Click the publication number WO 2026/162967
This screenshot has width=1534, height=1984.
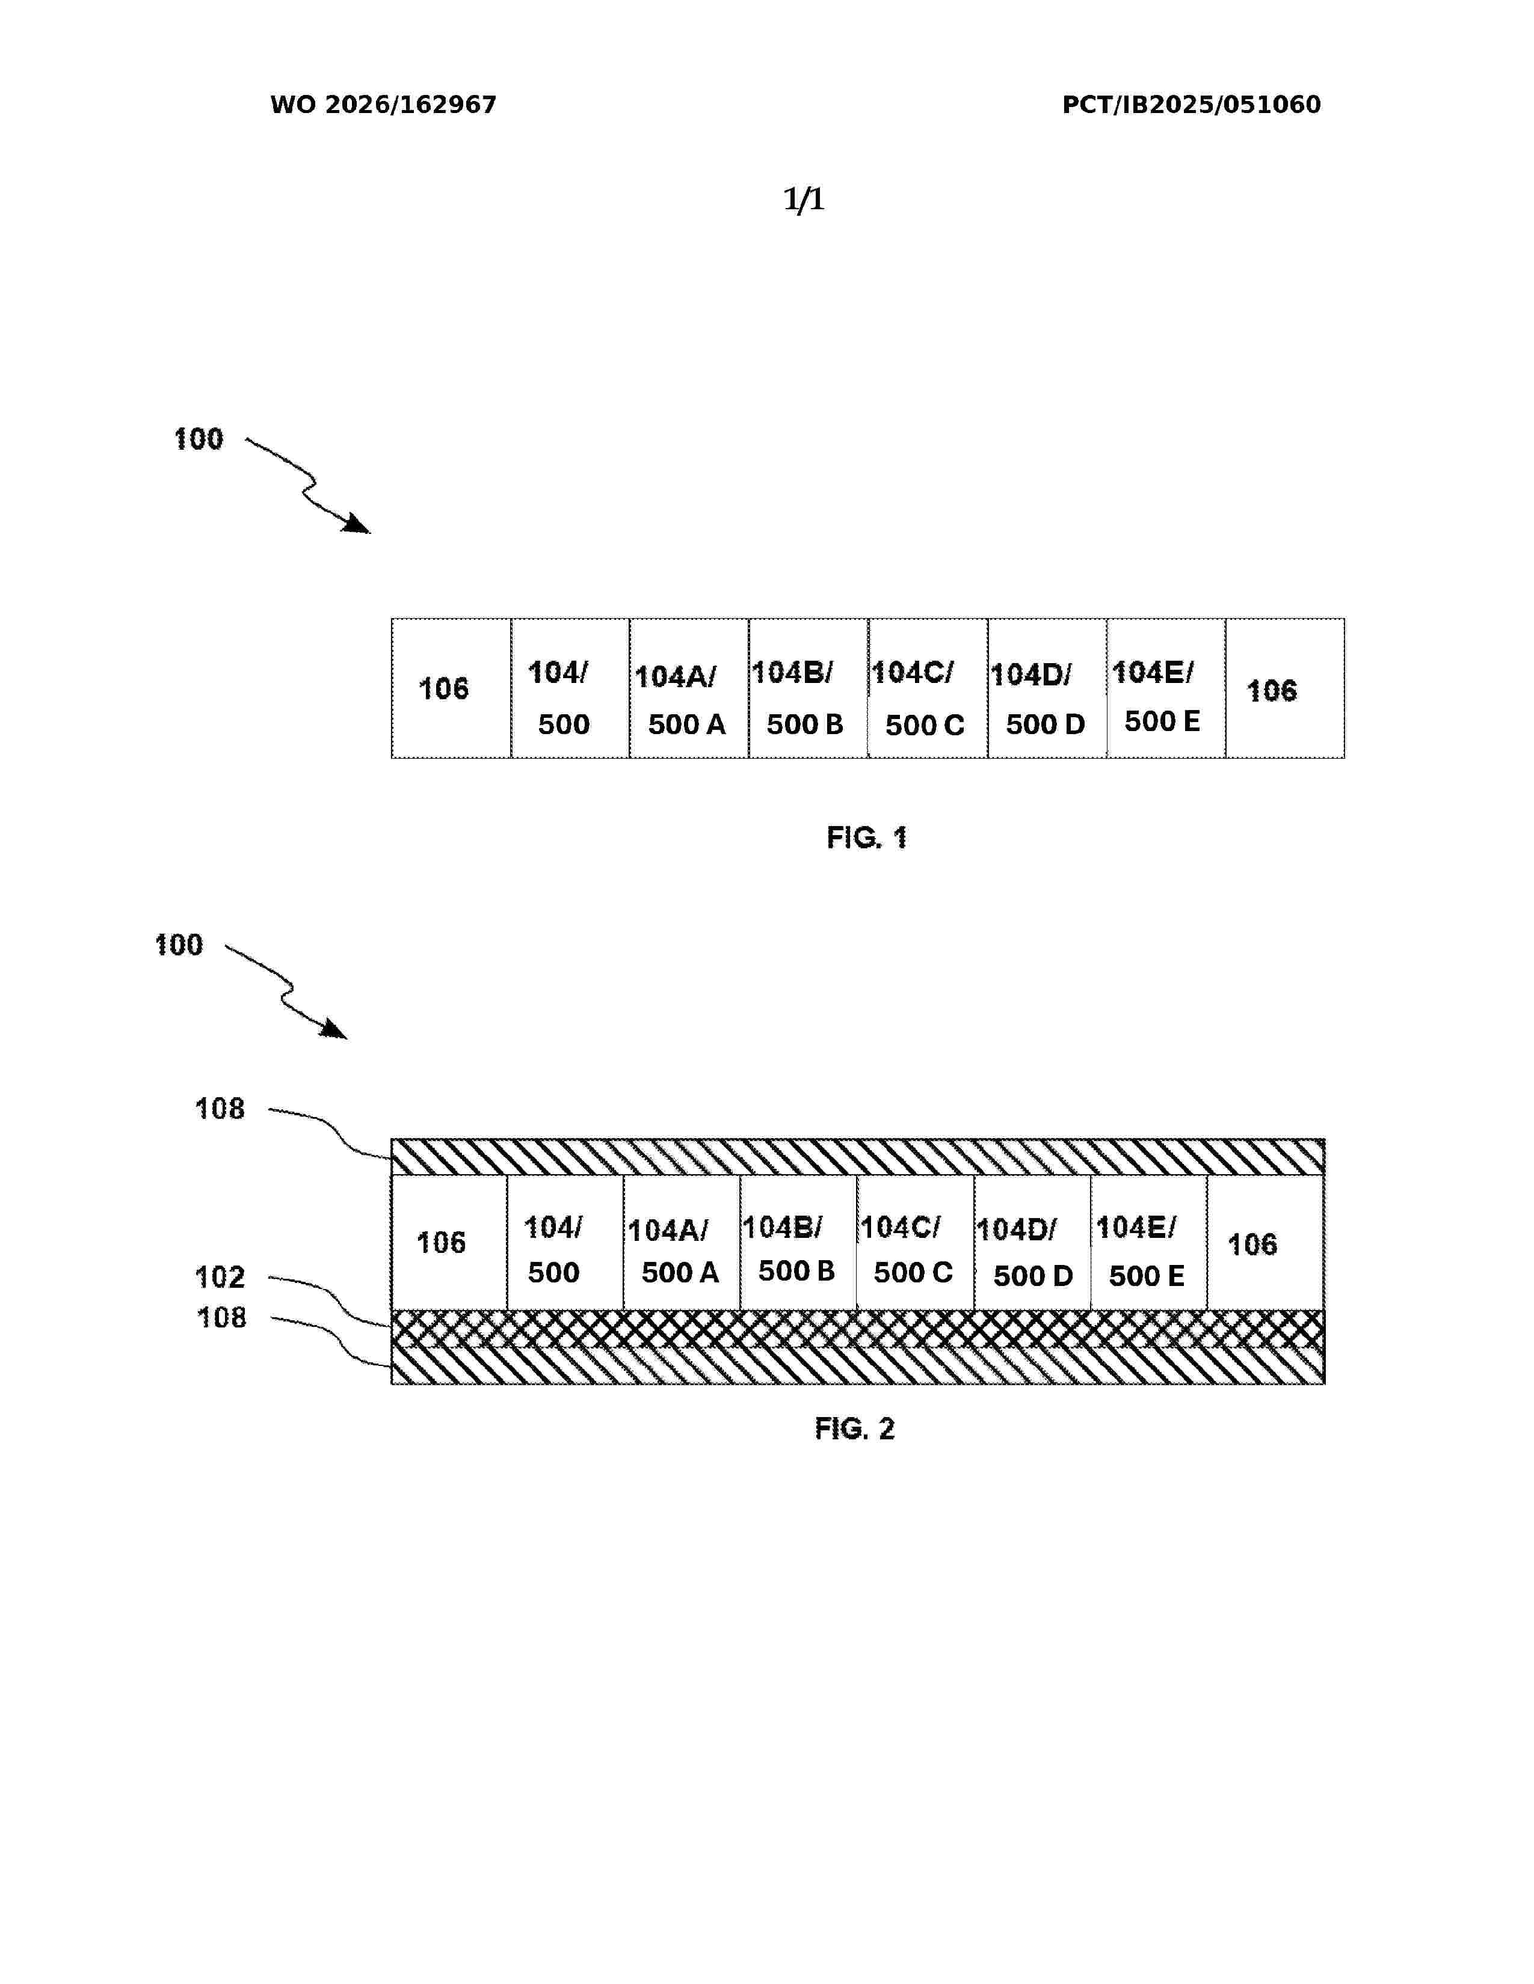coord(383,105)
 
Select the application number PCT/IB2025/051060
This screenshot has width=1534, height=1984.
coord(1191,105)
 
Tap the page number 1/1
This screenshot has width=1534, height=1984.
coord(804,199)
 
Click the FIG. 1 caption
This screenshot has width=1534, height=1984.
coord(867,837)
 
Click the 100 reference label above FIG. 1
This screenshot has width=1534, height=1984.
coord(198,439)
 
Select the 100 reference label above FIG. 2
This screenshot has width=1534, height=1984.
coord(179,946)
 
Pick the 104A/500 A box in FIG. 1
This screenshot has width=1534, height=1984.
coord(689,688)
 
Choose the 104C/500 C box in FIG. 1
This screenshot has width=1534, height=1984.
coord(928,688)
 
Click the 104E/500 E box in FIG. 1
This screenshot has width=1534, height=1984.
coord(1166,688)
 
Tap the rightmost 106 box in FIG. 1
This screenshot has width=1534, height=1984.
coord(1285,688)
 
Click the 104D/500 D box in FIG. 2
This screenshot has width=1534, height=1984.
coord(1032,1243)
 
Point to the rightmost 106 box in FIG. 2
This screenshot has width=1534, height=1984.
coord(1266,1243)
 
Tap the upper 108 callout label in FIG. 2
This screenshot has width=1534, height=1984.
coord(220,1109)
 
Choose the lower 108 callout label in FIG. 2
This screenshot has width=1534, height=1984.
coord(222,1318)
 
